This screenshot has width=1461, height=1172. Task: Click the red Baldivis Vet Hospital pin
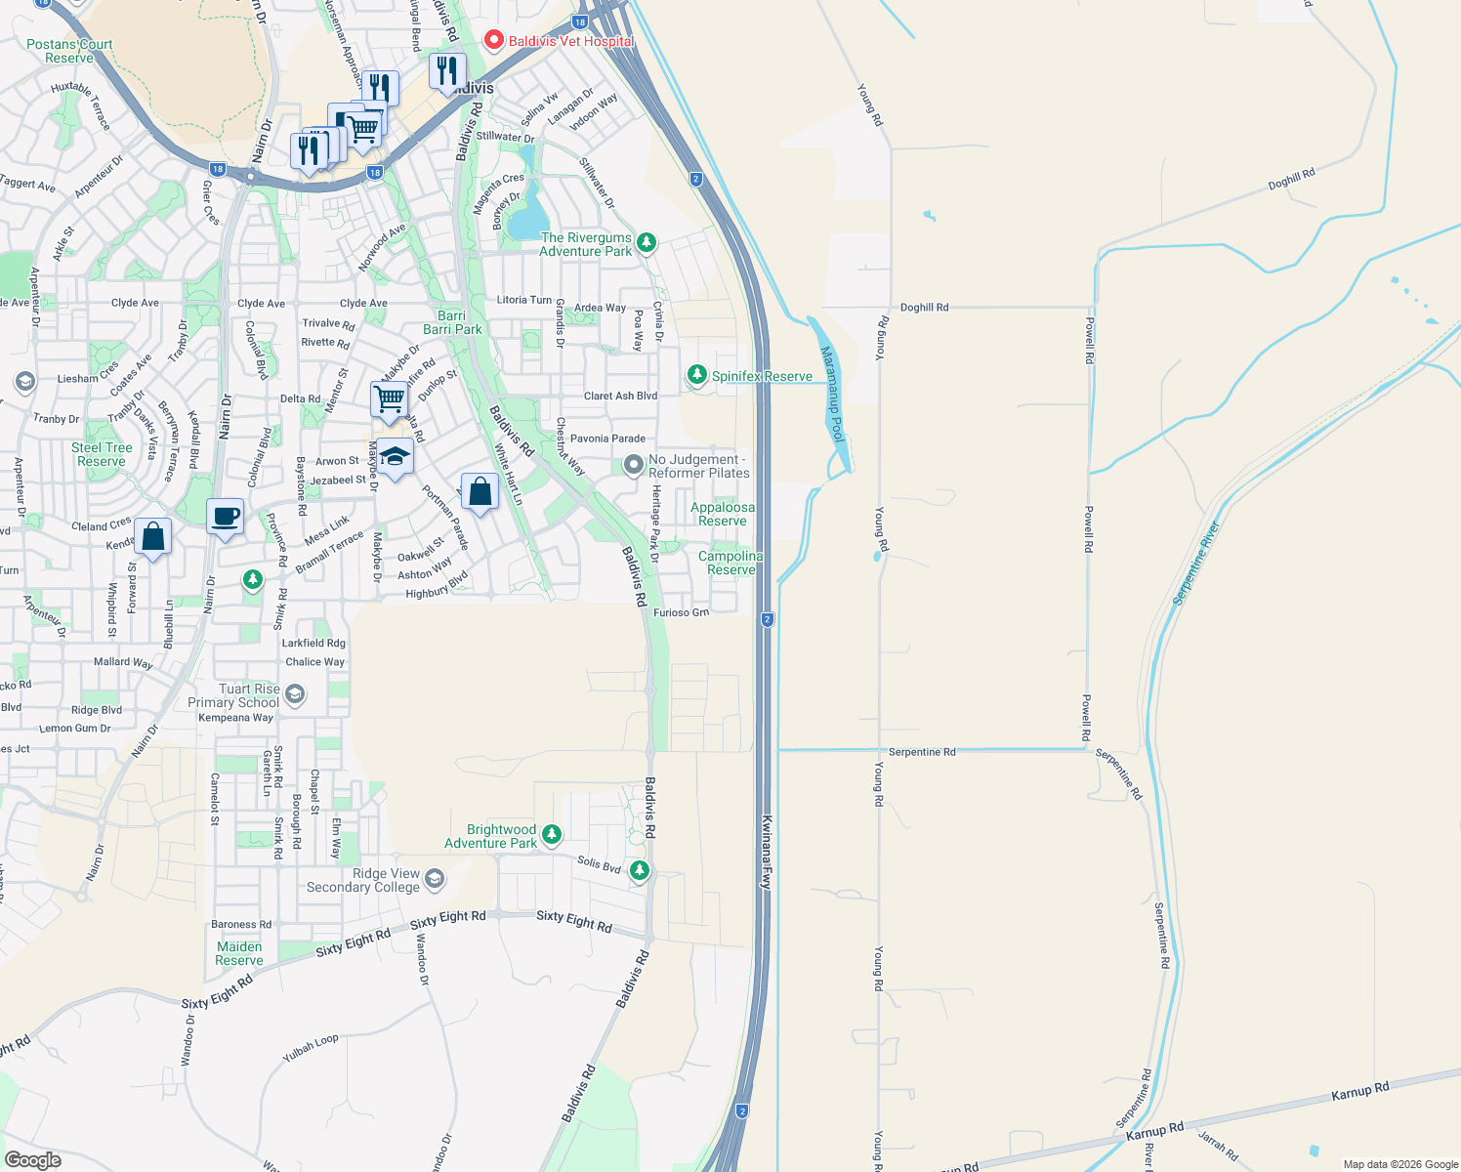[494, 40]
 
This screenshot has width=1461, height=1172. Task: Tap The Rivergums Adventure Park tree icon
[646, 242]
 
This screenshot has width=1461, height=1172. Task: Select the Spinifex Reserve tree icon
[696, 375]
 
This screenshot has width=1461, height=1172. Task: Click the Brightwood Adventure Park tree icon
[552, 834]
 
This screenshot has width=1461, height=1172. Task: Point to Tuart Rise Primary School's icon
[295, 694]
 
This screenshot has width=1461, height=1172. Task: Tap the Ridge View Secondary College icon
[435, 879]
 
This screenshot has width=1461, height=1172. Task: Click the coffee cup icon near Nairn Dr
[226, 517]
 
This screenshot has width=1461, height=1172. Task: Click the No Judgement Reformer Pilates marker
[634, 466]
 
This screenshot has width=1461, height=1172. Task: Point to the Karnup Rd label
[1359, 1092]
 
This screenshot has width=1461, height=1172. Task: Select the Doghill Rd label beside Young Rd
[924, 308]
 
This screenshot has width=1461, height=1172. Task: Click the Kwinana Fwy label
[767, 852]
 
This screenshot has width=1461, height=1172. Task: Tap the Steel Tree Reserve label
[102, 454]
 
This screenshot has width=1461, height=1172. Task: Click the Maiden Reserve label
[239, 953]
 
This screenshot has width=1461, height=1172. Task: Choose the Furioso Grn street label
[681, 612]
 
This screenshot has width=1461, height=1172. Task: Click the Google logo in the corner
[32, 1159]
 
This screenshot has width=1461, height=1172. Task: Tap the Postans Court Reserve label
[69, 51]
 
